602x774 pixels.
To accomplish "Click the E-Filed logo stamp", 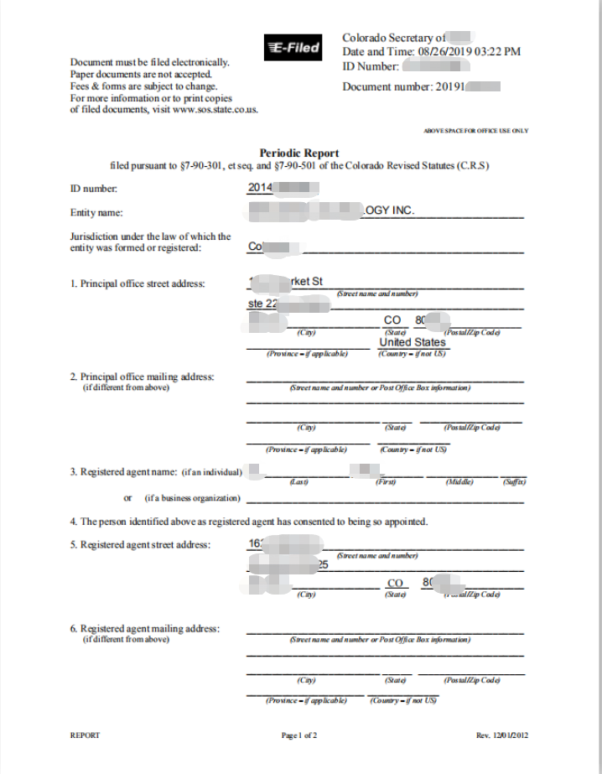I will point(293,49).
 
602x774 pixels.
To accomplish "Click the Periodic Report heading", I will point(299,153).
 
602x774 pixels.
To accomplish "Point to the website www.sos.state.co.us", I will point(215,109).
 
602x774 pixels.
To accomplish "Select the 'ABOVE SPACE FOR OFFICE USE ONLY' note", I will point(476,131).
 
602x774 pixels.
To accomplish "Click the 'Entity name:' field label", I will point(96,213).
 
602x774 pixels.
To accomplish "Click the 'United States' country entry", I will point(413,342).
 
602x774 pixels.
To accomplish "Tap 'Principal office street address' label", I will point(137,283).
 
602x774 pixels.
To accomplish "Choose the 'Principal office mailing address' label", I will point(142,377).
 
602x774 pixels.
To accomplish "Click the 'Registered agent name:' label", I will point(125,472).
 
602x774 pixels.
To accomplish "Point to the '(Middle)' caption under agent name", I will point(459,482).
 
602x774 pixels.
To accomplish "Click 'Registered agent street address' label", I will point(140,544).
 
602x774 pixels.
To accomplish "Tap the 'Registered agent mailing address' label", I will point(144,629).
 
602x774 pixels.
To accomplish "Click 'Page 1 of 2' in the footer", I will point(299,735).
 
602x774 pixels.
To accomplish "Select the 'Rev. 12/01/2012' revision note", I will point(502,735).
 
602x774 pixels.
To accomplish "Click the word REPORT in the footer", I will point(85,735).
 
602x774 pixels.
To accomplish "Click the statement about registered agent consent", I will point(248,522).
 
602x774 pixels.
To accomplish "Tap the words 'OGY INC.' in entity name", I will point(391,210).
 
